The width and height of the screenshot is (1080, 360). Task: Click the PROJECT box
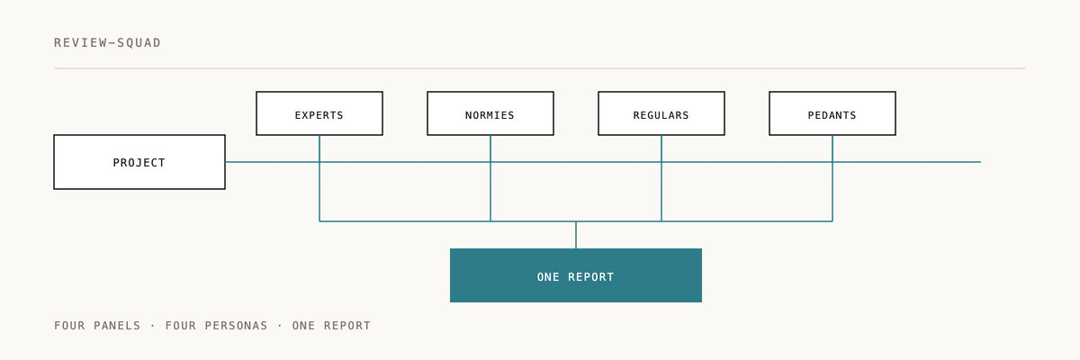pos(139,162)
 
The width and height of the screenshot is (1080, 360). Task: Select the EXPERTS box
pos(319,113)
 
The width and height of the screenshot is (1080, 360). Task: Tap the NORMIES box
pos(490,113)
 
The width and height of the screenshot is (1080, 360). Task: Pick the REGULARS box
pos(661,113)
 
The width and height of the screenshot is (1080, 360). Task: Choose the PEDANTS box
pos(832,113)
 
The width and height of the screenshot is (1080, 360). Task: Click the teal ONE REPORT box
pos(576,275)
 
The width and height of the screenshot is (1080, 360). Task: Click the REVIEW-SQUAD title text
pos(107,43)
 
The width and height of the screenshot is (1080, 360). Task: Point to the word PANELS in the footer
pos(117,326)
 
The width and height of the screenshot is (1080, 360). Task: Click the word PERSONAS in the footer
pos(236,326)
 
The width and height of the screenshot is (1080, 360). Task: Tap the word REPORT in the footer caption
pos(347,326)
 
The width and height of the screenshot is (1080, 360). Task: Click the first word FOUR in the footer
pos(69,326)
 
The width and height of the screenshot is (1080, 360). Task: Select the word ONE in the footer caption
pos(303,326)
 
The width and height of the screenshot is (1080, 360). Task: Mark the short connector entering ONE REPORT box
pos(576,235)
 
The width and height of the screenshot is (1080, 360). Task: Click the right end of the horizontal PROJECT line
pos(981,162)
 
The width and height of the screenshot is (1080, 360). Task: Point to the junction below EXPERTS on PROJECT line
pos(319,162)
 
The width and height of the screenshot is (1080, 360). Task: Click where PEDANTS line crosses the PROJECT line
pos(832,162)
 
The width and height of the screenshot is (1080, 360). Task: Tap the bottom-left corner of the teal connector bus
pos(319,221)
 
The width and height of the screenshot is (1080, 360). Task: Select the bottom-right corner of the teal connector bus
pos(832,221)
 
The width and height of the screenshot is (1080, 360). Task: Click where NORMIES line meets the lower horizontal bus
pos(490,221)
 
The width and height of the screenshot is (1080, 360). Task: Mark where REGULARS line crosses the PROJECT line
pos(661,162)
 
